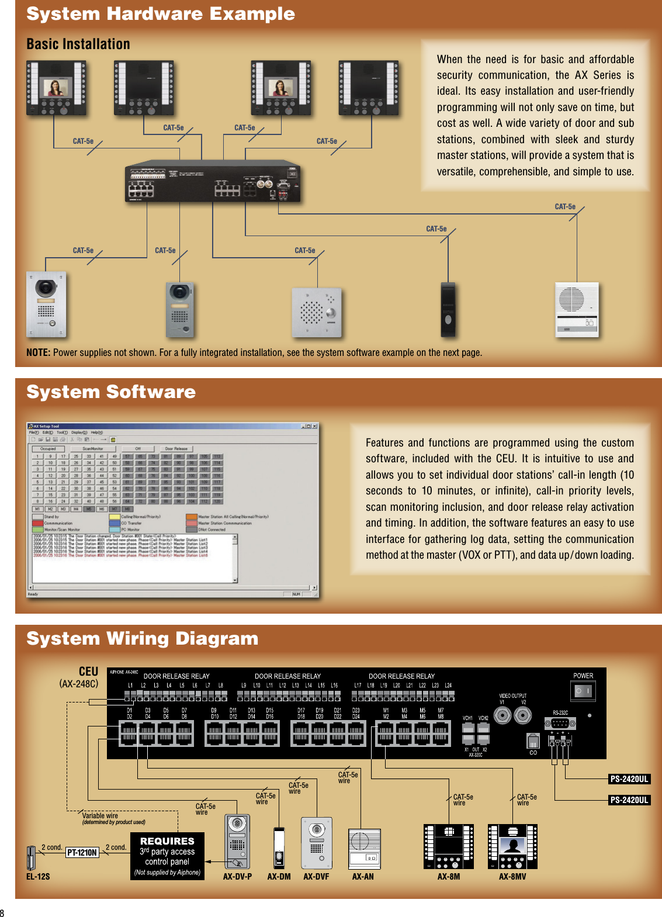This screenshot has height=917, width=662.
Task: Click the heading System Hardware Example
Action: [x=161, y=14]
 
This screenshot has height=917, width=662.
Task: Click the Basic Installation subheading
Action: [x=78, y=44]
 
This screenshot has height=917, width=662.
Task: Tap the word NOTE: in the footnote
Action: [x=38, y=352]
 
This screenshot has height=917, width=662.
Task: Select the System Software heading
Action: [x=111, y=392]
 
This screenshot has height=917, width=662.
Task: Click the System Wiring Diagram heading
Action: [x=142, y=638]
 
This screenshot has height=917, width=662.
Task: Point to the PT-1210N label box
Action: [x=82, y=852]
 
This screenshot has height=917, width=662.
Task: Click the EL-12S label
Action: [x=38, y=876]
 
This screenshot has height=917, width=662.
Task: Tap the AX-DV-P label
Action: [x=237, y=876]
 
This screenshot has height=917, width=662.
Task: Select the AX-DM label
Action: [x=279, y=876]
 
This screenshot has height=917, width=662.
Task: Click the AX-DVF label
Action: [x=316, y=876]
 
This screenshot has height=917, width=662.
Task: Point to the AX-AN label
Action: [x=363, y=876]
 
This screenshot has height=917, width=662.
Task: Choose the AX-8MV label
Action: [x=512, y=876]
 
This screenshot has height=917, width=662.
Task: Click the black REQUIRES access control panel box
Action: [x=167, y=856]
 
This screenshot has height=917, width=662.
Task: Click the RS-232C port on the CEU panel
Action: [x=560, y=723]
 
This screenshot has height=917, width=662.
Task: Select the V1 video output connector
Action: [x=502, y=715]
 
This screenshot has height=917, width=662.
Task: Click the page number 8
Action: [x=2, y=913]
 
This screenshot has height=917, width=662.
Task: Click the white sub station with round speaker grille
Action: [x=576, y=310]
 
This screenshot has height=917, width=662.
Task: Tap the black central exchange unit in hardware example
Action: [x=213, y=182]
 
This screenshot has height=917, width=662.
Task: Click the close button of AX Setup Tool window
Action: [x=315, y=426]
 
